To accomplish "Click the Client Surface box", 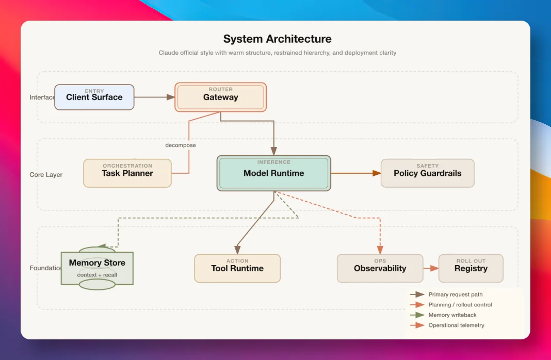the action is (x=94, y=97).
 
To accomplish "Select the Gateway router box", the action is (x=220, y=97).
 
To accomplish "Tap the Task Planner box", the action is (x=127, y=173).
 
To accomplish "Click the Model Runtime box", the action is (x=274, y=173).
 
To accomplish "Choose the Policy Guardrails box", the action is (x=427, y=173).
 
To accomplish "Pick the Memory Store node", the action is (x=97, y=268).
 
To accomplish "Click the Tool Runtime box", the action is (x=237, y=268).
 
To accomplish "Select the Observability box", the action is (x=380, y=268).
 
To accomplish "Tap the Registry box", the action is (x=471, y=268).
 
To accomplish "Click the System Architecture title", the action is (x=277, y=39).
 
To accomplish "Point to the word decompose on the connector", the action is (x=180, y=145).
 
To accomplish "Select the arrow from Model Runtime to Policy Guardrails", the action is (x=356, y=173).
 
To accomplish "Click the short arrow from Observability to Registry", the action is (x=431, y=268).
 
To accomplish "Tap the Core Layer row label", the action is (x=46, y=174).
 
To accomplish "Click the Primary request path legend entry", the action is (x=446, y=294).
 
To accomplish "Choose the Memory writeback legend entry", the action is (x=443, y=315).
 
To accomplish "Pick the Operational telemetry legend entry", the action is (x=447, y=325).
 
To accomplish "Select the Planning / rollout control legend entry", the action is (x=451, y=305).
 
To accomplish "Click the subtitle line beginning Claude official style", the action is (x=277, y=53).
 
